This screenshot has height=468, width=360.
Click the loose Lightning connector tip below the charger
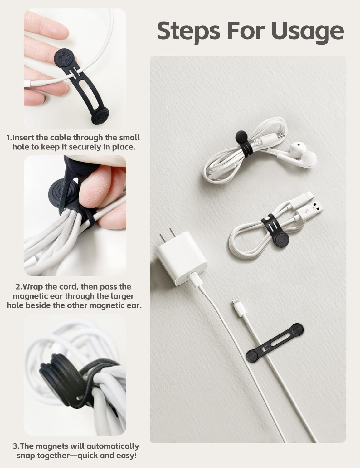(236, 305)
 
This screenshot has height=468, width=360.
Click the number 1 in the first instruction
(9, 138)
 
